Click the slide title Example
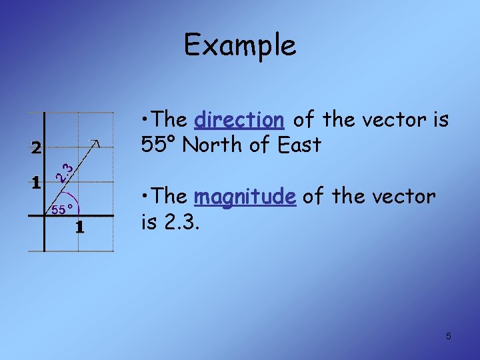(240, 45)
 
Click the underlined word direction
(239, 121)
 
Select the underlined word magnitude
(245, 197)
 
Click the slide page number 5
(448, 336)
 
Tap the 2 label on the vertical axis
(36, 148)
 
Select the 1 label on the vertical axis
(36, 181)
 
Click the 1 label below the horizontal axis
(79, 227)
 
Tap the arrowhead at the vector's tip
(98, 142)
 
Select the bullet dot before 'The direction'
(144, 121)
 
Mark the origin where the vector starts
(45, 215)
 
